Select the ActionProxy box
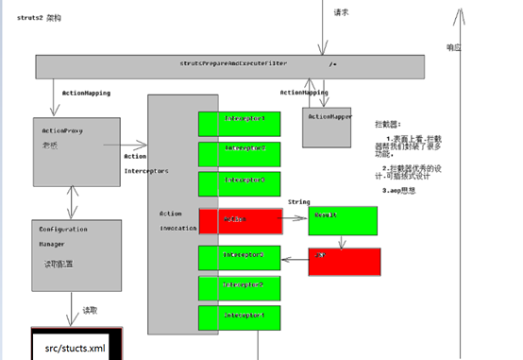pos(76,151)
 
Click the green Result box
pos(343,221)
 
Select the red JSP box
pos(344,262)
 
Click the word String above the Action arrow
pos(298,201)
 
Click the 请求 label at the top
pos(342,12)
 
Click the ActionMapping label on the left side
pos(86,94)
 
